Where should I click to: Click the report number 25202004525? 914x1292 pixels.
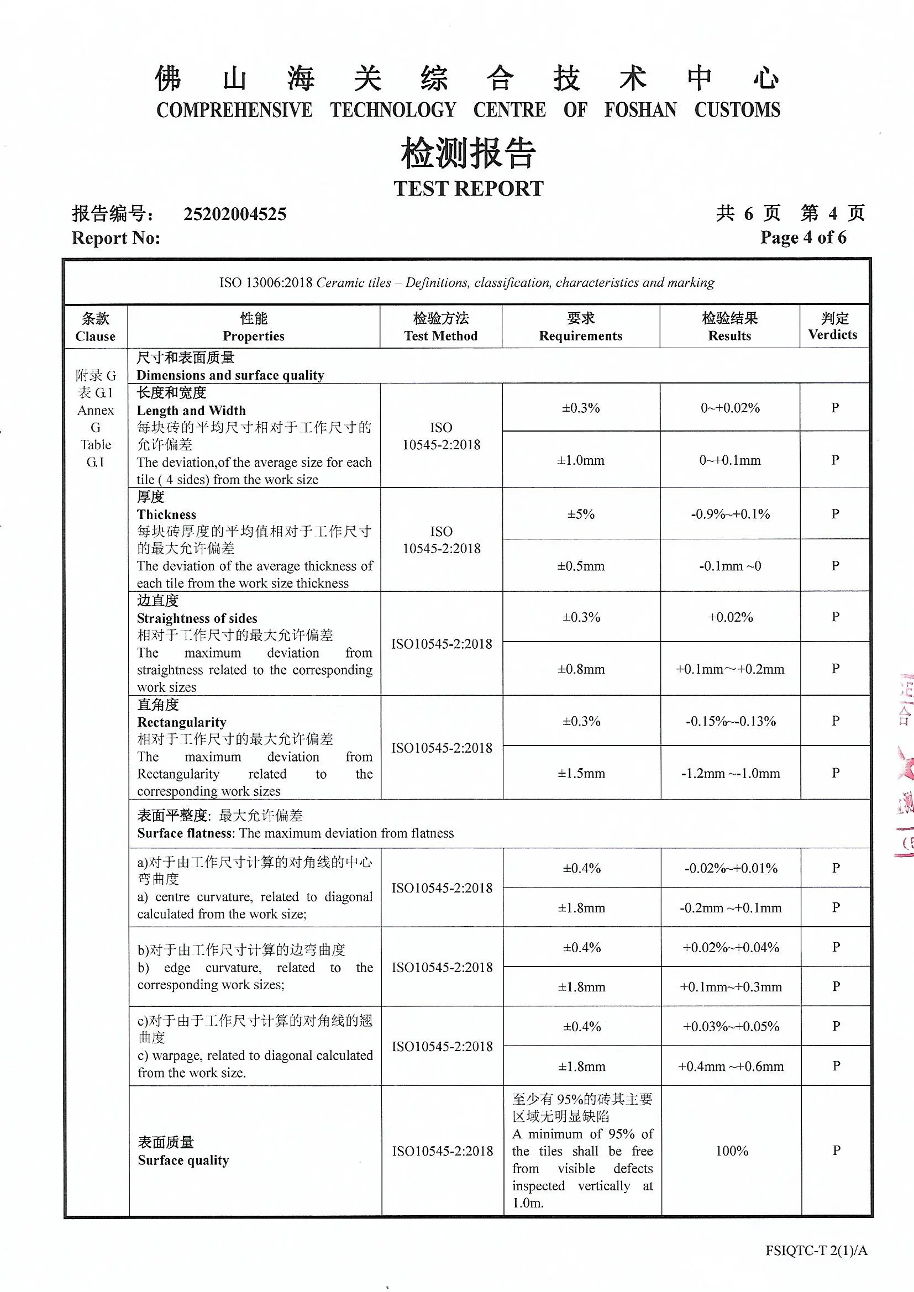(235, 214)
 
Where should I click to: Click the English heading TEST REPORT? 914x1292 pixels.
(468, 188)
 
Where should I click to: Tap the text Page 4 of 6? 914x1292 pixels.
(802, 238)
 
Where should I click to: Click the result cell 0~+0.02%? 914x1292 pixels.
(730, 408)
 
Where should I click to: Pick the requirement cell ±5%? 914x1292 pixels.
(581, 514)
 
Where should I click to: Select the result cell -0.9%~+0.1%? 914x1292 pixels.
(730, 514)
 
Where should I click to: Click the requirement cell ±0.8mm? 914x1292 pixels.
(581, 669)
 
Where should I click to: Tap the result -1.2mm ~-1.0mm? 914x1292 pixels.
(730, 773)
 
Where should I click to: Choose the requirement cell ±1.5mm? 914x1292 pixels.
(581, 773)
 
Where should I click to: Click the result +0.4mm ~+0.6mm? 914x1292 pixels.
(731, 1067)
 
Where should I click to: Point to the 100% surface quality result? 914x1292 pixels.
(732, 1151)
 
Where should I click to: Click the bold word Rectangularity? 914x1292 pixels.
(181, 722)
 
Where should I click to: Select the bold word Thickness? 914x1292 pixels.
(166, 514)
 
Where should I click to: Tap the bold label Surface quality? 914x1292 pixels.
(183, 1160)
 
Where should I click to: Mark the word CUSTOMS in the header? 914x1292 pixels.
(737, 110)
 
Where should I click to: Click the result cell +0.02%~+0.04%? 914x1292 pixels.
(731, 948)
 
